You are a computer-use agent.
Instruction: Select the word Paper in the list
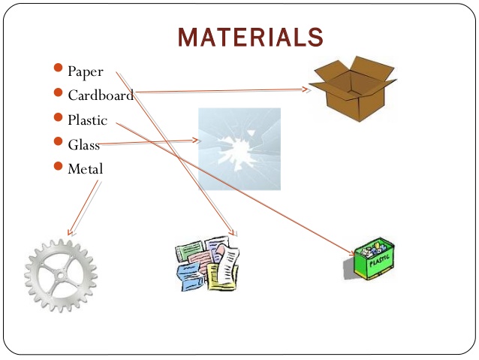tap(85, 72)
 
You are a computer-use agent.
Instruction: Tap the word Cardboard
tap(101, 95)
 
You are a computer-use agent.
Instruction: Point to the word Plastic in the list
tap(88, 119)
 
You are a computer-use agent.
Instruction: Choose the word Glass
tap(83, 145)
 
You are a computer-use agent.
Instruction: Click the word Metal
tap(85, 169)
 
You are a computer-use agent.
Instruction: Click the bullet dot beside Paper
tap(59, 69)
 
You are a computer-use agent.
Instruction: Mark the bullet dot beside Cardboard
tap(59, 93)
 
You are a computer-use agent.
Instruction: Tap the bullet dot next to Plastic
tap(59, 117)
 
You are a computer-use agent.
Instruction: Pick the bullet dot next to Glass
tap(59, 141)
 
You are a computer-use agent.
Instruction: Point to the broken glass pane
tap(239, 149)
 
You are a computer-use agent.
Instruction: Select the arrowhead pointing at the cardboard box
tap(306, 89)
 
